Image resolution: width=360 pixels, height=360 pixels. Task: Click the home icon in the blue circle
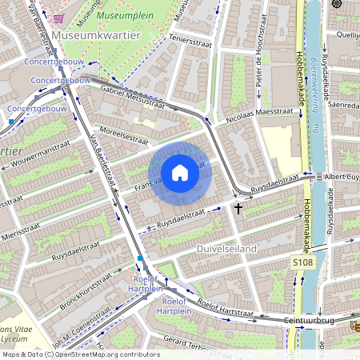(180, 173)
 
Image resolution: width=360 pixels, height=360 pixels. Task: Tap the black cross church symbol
(238, 209)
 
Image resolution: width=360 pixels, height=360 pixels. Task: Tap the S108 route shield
(302, 262)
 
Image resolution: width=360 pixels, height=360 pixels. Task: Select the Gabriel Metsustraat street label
(133, 98)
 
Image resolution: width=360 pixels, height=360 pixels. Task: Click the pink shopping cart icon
(58, 17)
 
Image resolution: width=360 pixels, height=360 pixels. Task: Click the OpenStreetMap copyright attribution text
(81, 354)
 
